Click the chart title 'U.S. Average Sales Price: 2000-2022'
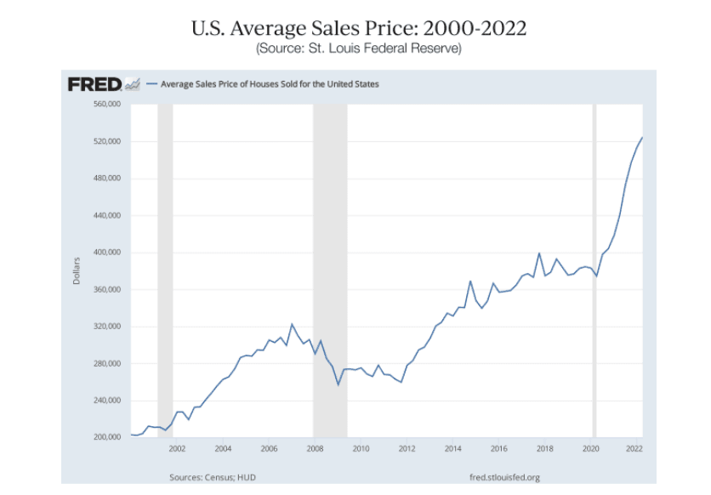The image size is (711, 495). (359, 28)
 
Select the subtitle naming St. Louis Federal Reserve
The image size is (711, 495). (359, 48)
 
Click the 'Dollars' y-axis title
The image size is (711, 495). (76, 270)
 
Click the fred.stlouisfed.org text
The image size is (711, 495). (504, 477)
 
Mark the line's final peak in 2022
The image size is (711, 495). (642, 138)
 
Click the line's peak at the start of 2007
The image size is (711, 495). (292, 324)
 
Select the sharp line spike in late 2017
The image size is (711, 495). (539, 253)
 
